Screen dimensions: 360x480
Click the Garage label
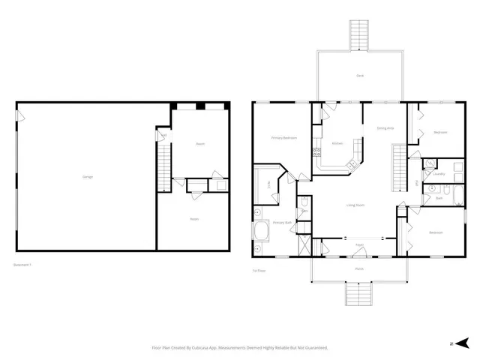tap(88, 176)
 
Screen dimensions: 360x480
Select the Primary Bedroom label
tap(283, 138)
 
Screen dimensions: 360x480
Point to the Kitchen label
tap(337, 143)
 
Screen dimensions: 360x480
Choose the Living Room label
tap(355, 205)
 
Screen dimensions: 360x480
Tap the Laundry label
tap(439, 174)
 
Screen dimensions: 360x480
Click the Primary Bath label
tap(281, 223)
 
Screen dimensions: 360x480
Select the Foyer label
tap(359, 245)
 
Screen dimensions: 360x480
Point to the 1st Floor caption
tap(259, 271)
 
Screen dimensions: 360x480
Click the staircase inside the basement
tap(163, 167)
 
